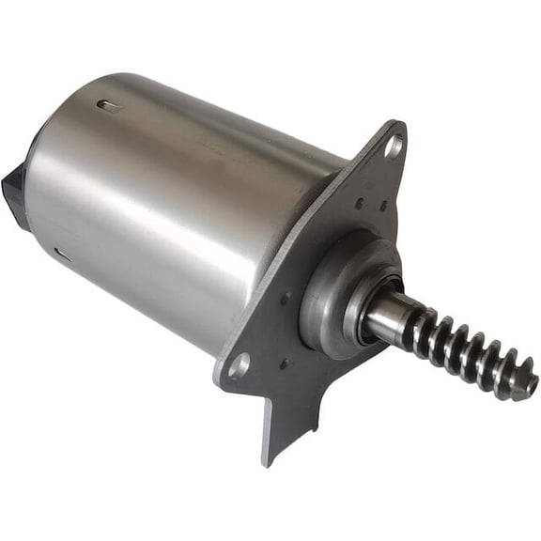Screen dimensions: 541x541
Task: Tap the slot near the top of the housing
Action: [110, 106]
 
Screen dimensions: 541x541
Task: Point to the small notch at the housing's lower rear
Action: [61, 253]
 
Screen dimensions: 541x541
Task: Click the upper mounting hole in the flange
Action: [393, 147]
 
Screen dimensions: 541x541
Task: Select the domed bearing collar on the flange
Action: [333, 291]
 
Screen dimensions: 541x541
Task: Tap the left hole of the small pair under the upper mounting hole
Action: [359, 201]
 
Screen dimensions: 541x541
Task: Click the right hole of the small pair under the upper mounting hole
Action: [382, 206]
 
